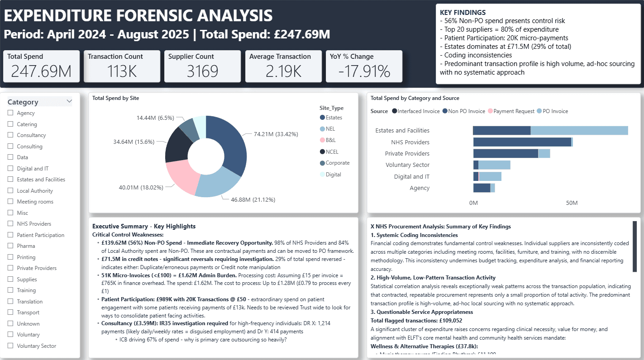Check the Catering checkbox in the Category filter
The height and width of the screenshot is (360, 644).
coord(10,124)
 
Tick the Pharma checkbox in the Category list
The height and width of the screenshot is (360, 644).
coord(10,246)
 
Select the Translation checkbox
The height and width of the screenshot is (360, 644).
coord(10,302)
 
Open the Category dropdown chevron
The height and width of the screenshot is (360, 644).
coord(69,102)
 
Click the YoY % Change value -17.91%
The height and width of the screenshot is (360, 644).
coord(363,71)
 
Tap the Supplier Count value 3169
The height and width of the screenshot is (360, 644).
coord(202,71)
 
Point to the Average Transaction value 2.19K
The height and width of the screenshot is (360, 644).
coord(283,71)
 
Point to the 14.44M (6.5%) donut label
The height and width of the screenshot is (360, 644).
coord(155,118)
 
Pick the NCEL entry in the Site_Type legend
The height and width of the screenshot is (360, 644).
coord(332,152)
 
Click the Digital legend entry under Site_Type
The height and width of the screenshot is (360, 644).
coord(333,174)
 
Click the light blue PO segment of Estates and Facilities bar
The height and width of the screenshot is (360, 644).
coord(579,131)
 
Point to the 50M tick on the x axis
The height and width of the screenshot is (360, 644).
coord(572,203)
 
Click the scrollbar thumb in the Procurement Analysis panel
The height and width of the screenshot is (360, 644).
coord(634,246)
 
